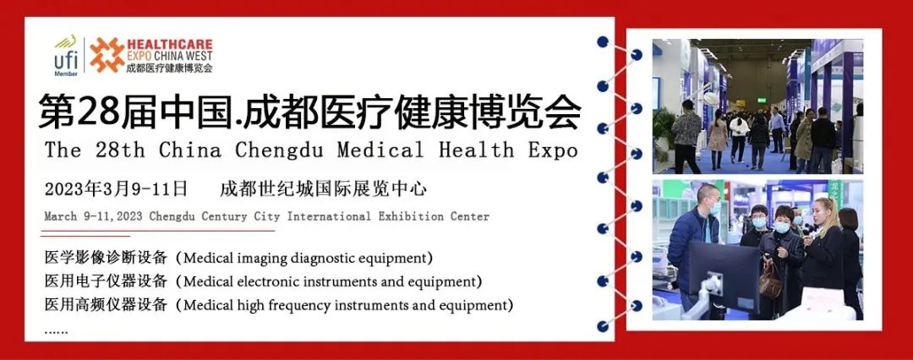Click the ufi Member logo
click(66, 56)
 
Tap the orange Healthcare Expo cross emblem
click(107, 55)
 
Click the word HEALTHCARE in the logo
click(169, 44)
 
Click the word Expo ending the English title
click(553, 150)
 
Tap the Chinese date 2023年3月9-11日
click(117, 188)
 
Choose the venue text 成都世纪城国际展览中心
click(324, 188)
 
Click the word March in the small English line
click(61, 216)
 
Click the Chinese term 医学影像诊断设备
click(106, 257)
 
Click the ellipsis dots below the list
click(56, 332)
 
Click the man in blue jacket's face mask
click(713, 208)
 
